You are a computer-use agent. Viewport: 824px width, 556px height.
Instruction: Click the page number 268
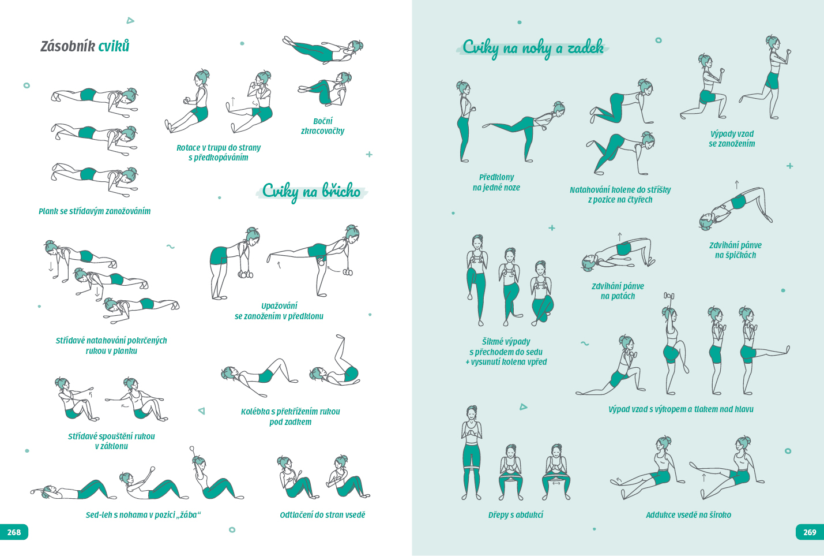[x=14, y=532]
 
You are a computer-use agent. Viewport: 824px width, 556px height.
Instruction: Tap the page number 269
[x=810, y=532]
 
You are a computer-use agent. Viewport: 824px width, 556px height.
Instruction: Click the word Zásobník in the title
[x=67, y=46]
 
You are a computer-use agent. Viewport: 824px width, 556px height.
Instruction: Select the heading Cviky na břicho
[x=311, y=191]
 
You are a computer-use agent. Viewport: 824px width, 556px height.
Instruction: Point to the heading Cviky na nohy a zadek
[x=533, y=48]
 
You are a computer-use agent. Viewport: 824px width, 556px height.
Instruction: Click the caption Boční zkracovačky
[x=322, y=126]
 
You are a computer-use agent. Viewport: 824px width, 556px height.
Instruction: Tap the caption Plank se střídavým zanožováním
[x=95, y=211]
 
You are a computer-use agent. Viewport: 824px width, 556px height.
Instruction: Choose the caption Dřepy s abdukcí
[x=516, y=515]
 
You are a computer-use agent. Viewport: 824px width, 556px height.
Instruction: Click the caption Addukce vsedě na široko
[x=688, y=515]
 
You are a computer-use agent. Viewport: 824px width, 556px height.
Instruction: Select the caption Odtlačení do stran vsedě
[x=322, y=515]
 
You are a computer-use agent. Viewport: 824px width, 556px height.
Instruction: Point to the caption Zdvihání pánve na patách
[x=618, y=291]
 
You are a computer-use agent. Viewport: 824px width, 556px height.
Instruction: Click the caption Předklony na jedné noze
[x=496, y=182]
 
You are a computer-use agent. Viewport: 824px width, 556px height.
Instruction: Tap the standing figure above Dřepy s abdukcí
[x=471, y=453]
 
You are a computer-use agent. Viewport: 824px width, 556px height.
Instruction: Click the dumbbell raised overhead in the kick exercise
[x=669, y=295]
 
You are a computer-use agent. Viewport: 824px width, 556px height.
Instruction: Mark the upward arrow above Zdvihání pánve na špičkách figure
[x=736, y=185]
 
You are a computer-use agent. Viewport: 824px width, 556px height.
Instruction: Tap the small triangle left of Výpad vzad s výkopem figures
[x=524, y=407]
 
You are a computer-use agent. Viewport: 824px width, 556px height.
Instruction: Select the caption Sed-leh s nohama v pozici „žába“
[x=143, y=515]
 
